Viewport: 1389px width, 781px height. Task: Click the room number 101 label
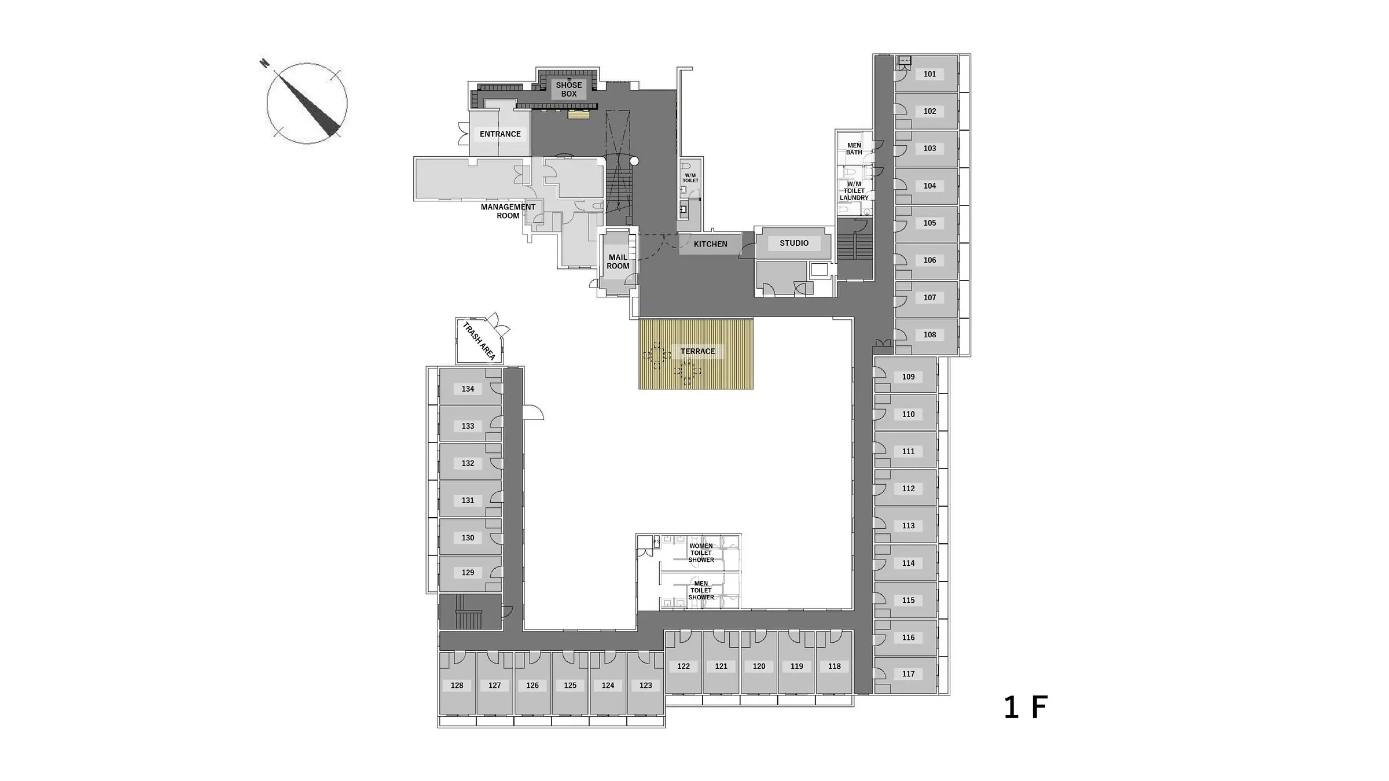pos(929,74)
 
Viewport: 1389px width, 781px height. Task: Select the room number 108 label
pos(929,335)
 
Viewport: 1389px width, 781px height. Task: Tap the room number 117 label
pos(908,674)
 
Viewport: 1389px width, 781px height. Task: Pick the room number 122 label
pos(684,666)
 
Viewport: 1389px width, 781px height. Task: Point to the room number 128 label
pos(457,686)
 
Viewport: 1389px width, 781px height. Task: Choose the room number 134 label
pos(468,389)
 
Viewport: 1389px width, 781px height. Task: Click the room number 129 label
pos(468,573)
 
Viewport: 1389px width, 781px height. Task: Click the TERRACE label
pos(697,352)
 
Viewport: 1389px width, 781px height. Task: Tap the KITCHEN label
pos(710,244)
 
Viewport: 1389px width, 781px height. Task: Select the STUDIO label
pos(794,243)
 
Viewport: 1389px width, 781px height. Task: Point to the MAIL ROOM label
pos(618,261)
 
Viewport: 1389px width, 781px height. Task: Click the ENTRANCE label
pos(500,134)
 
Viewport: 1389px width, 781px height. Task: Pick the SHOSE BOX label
pos(569,89)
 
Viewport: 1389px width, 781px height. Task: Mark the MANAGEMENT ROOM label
pos(508,211)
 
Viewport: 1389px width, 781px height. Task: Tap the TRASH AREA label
pos(479,341)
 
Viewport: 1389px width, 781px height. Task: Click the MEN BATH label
pos(854,149)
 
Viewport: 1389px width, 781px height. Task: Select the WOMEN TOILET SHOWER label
pos(701,553)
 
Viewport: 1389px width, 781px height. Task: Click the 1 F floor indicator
pos(1026,708)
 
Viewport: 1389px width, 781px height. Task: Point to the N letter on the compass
pos(264,63)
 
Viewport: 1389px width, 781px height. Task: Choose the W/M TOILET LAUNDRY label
pos(854,191)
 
